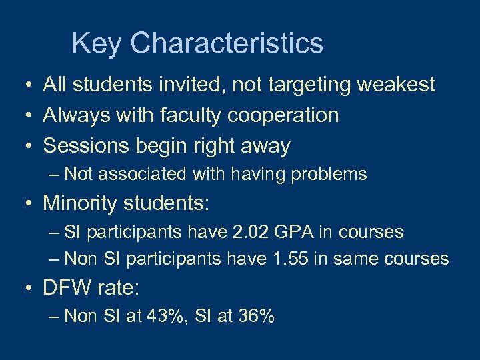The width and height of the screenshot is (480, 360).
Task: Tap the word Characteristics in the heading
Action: (227, 44)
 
